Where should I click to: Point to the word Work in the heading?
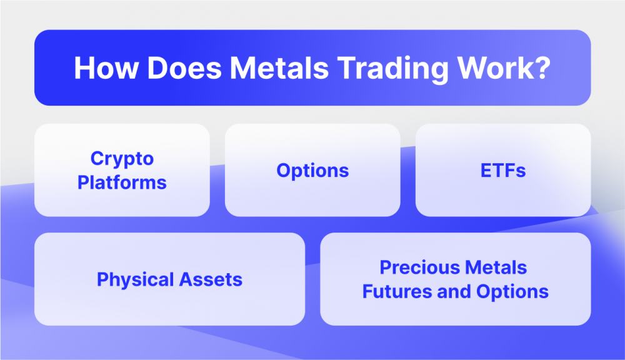494,68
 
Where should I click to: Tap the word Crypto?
122,158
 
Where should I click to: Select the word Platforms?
122,182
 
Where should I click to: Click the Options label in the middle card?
312,171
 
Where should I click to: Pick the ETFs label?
503,171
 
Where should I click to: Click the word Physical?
134,279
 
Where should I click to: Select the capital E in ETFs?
486,171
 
